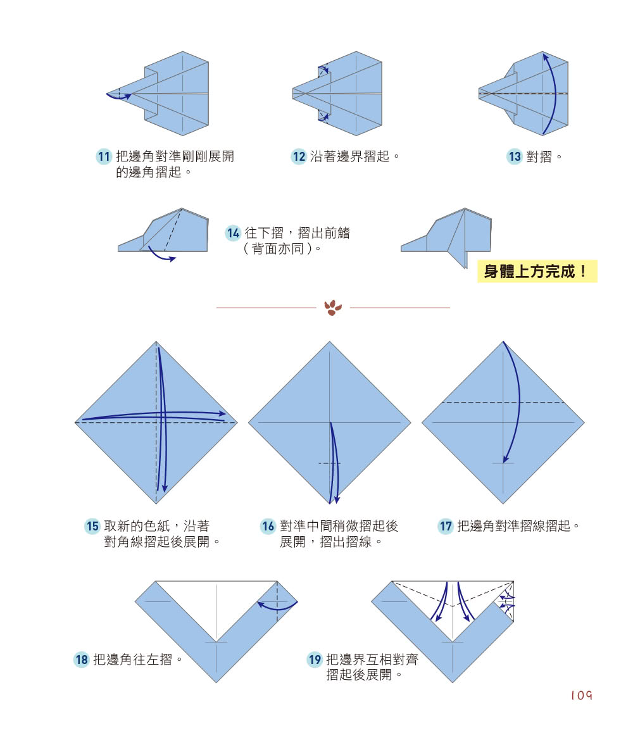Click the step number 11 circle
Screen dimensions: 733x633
coord(104,157)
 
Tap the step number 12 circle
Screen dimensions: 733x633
coord(299,157)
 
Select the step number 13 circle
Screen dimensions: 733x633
coord(515,157)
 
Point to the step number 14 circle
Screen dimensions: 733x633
coord(234,234)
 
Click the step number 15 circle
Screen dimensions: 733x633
coord(93,526)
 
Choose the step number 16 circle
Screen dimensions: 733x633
coord(268,526)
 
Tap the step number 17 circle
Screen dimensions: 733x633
coord(446,526)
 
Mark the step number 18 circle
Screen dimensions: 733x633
coord(82,660)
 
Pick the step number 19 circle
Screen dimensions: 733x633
coord(315,660)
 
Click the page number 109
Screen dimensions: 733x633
coord(580,696)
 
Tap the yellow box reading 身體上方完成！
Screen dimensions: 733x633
coord(537,272)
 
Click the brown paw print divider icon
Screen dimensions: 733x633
coord(333,308)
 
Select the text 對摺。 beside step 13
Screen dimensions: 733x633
coord(544,157)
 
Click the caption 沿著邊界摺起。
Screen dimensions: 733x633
coord(355,157)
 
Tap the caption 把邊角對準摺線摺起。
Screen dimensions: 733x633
coord(519,526)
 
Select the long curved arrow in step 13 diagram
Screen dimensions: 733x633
coord(555,95)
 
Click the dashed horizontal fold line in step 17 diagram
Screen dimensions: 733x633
coord(503,403)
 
